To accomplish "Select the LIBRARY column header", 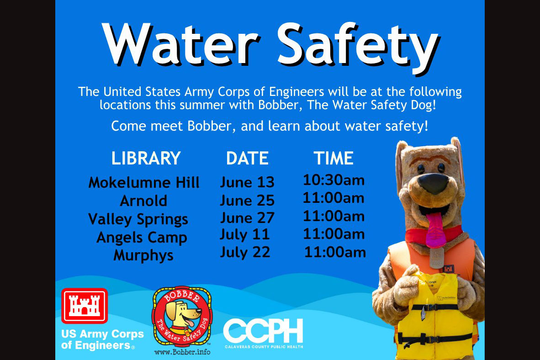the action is (x=146, y=158).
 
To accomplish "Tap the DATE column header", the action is (x=247, y=159).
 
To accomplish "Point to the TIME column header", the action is (x=334, y=159).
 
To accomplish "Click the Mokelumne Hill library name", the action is (x=144, y=183).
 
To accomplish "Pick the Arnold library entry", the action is (x=143, y=201).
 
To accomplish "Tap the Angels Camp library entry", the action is (x=142, y=238).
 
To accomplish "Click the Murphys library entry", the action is (x=143, y=256).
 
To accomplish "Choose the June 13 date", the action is (x=247, y=182).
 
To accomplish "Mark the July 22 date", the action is (x=245, y=253).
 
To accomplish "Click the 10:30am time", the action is (x=334, y=180).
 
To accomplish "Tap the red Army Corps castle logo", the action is (x=85, y=306).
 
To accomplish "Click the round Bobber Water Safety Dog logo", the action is (x=182, y=316).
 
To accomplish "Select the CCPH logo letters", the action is (x=264, y=331).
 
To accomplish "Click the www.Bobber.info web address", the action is (x=182, y=352).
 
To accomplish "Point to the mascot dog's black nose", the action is (x=433, y=184).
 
